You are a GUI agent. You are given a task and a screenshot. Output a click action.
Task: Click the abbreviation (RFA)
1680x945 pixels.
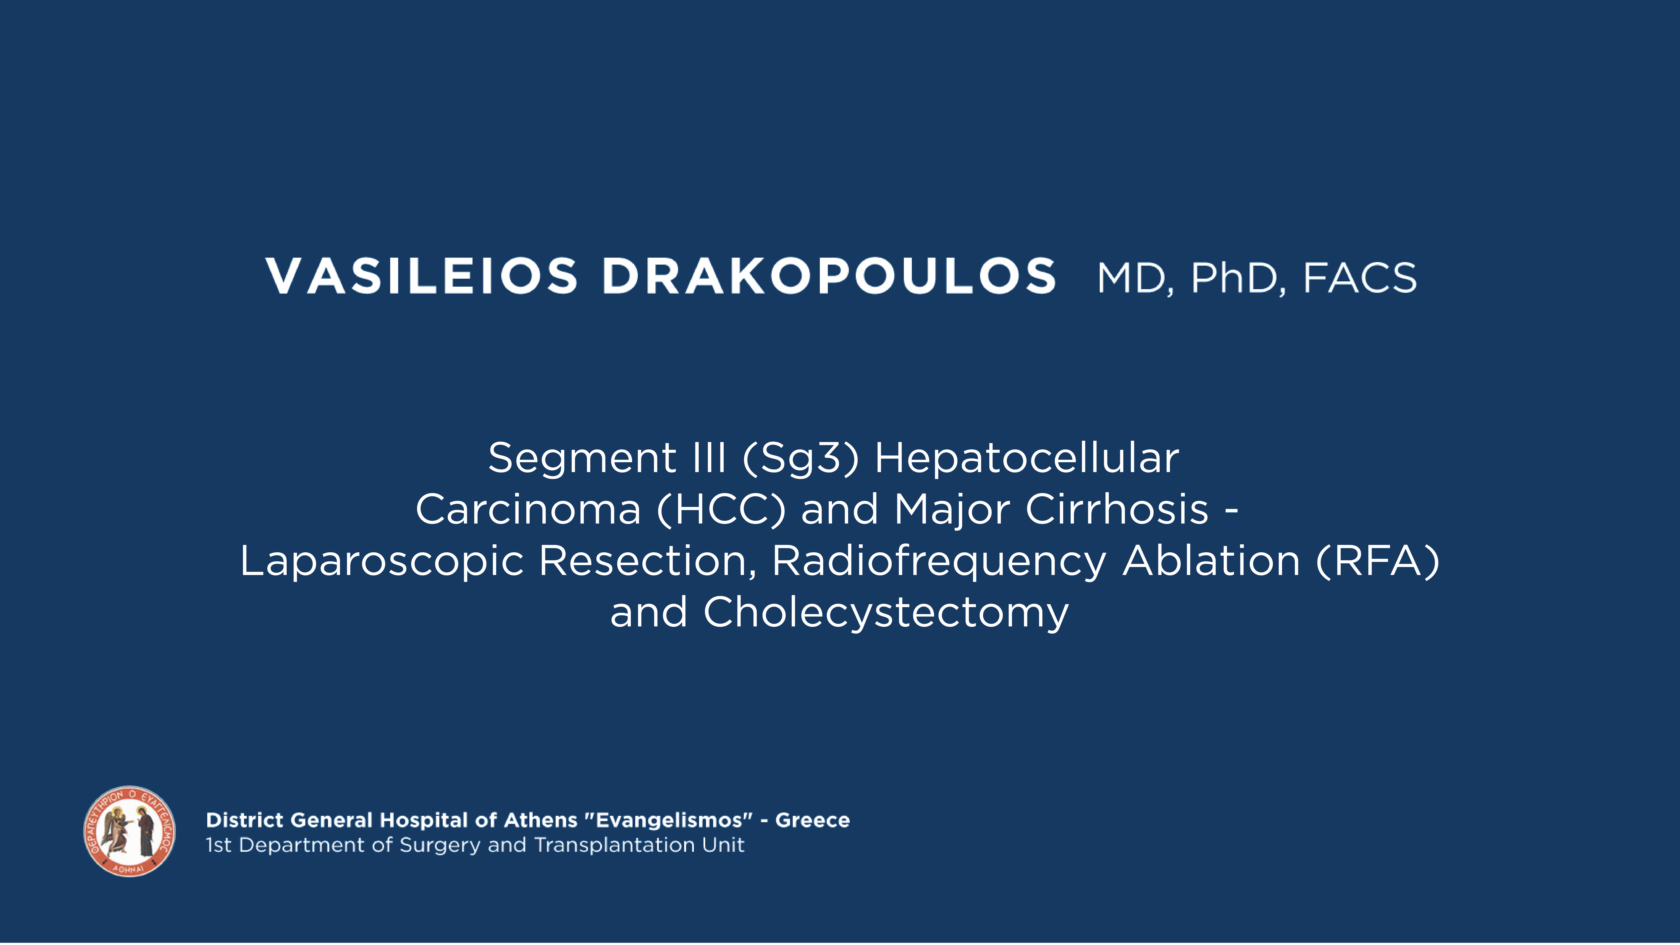[1377, 561]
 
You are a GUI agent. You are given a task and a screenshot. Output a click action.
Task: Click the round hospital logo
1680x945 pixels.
[129, 832]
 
